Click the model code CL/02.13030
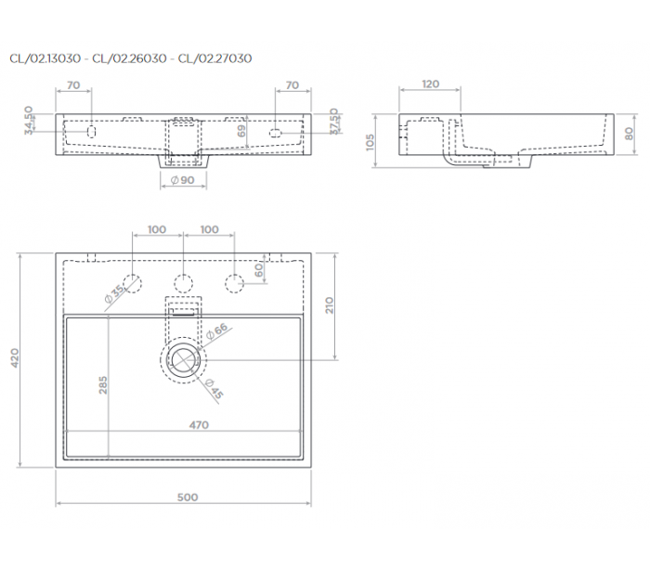[x=45, y=58]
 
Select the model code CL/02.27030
[x=214, y=58]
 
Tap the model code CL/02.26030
[x=129, y=58]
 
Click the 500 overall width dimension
[x=188, y=497]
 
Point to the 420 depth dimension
[x=15, y=357]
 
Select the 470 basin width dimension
[x=199, y=425]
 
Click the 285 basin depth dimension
[x=103, y=384]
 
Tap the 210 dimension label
[x=329, y=305]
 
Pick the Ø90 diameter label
[x=183, y=180]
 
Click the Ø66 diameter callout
[x=217, y=330]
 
